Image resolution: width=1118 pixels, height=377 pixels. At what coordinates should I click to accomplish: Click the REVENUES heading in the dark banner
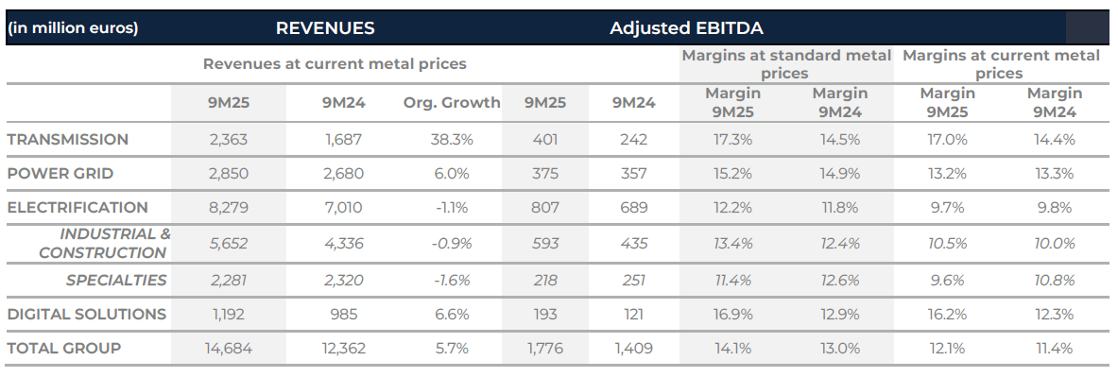[x=324, y=27]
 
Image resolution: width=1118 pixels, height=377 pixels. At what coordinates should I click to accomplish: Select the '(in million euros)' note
[x=73, y=27]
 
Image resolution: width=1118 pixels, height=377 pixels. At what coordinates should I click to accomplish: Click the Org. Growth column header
[x=452, y=102]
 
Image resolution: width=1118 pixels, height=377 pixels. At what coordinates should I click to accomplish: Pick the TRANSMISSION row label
[x=67, y=139]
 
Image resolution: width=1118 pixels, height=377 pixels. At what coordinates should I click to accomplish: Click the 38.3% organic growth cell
[x=452, y=139]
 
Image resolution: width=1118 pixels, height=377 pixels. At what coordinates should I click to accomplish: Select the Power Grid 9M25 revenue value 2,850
[x=228, y=173]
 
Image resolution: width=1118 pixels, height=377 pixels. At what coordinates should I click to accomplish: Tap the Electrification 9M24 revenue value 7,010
[x=341, y=207]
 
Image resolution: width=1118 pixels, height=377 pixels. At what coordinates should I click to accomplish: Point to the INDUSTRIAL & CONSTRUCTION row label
[x=104, y=243]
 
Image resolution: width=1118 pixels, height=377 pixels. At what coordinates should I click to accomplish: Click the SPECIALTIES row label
[x=116, y=280]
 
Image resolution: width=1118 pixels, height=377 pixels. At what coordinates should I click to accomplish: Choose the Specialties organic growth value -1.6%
[x=452, y=280]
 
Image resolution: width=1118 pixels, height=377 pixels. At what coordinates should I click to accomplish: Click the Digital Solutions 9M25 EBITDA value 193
[x=545, y=314]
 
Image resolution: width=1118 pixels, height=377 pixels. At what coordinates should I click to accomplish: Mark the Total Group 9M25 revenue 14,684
[x=228, y=348]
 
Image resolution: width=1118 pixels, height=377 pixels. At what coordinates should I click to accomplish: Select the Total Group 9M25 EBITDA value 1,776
[x=545, y=348]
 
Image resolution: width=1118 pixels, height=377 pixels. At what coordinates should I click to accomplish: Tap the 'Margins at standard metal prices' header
[x=786, y=63]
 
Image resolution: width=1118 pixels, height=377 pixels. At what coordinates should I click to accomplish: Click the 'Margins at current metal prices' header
[x=1001, y=63]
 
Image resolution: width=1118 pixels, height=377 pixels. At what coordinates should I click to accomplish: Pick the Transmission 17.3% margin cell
[x=733, y=139]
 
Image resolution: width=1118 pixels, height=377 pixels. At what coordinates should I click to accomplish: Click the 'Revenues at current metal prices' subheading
[x=335, y=64]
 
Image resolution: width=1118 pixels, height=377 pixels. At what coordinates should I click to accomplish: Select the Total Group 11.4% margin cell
[x=1055, y=348]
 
